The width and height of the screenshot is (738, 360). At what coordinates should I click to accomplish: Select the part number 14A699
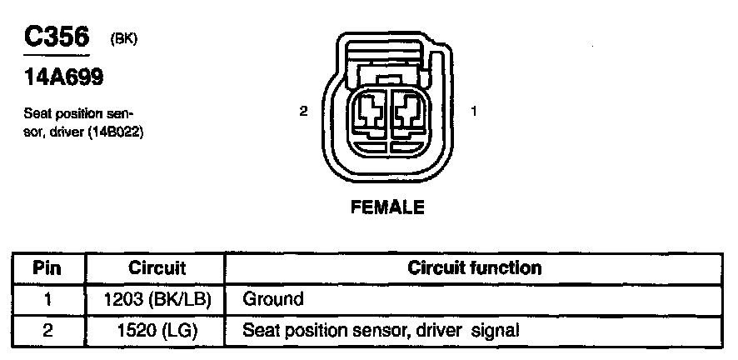tap(62, 77)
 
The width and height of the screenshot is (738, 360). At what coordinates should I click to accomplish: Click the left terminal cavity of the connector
tap(367, 111)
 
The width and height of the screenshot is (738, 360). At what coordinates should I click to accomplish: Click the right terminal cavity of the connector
tap(408, 111)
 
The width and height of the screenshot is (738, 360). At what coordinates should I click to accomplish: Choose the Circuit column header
tap(157, 268)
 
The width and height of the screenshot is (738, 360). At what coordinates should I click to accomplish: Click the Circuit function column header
tap(474, 268)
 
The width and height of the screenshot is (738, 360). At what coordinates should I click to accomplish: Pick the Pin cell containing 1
tap(47, 299)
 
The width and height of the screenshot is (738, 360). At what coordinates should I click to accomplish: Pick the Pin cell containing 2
tap(47, 330)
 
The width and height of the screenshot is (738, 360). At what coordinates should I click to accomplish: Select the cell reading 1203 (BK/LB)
tap(157, 299)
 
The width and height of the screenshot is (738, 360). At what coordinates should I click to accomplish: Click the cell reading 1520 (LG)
tap(157, 330)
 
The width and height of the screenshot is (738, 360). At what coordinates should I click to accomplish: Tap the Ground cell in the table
tap(272, 299)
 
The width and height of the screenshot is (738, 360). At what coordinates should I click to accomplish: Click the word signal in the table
tap(495, 330)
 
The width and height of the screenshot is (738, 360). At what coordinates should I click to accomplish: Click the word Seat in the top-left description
tap(37, 113)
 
